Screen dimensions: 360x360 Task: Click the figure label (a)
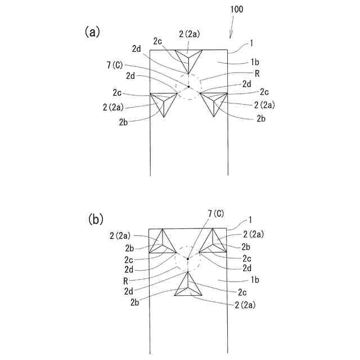(x=92, y=32)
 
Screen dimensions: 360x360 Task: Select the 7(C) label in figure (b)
(x=215, y=213)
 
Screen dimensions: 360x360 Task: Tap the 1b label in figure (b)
(x=255, y=280)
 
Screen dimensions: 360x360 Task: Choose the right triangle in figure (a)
(x=214, y=102)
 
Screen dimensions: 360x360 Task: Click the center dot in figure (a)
(x=188, y=87)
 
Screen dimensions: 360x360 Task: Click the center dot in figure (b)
(x=188, y=259)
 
